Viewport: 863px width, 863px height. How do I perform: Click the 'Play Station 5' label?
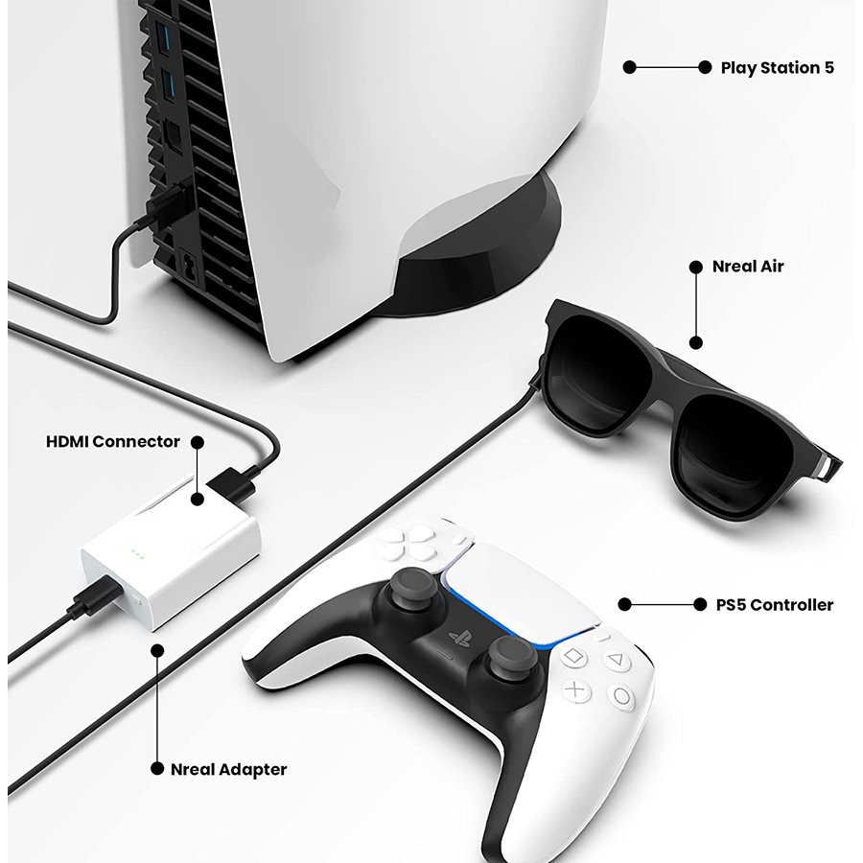point(777,68)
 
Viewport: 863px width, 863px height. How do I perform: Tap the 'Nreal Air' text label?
point(748,267)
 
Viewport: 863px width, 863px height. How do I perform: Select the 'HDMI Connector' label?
point(113,441)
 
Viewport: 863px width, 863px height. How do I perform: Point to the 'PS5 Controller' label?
point(775,605)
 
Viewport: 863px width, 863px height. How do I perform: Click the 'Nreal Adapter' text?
point(228,769)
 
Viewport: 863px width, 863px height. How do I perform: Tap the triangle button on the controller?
point(616,660)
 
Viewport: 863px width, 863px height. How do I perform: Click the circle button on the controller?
point(622,697)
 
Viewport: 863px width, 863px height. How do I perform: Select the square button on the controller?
point(573,656)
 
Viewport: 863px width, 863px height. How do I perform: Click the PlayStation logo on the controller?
point(459,639)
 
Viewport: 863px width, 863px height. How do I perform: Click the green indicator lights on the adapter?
point(137,553)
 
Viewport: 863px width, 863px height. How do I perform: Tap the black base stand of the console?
point(474,259)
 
